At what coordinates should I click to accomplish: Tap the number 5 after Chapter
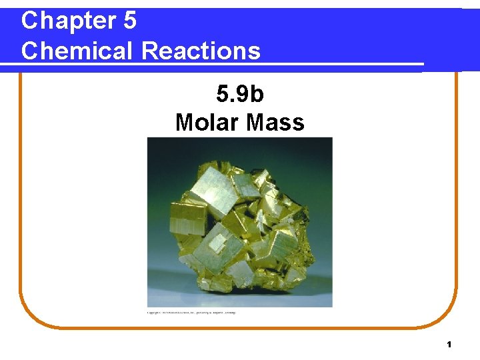[x=129, y=21]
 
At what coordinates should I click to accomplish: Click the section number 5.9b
[x=239, y=94]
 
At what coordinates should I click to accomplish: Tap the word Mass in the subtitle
[x=275, y=122]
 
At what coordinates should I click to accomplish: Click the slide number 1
[x=449, y=345]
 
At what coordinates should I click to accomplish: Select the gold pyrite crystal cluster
[x=240, y=227]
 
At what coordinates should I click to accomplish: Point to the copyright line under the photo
[x=191, y=312]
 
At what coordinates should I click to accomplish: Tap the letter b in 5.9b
[x=257, y=94]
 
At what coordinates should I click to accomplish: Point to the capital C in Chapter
[x=29, y=21]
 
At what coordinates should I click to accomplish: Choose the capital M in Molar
[x=185, y=122]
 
